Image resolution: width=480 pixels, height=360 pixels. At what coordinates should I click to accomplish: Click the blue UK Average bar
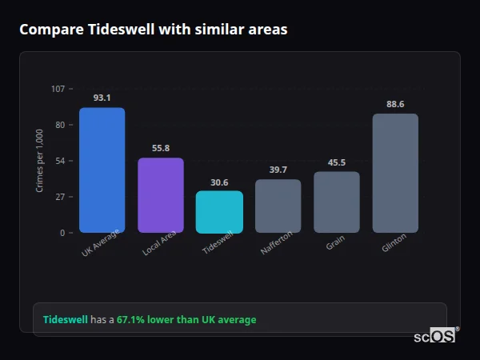(102, 170)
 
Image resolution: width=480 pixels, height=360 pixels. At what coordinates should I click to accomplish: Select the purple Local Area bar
(161, 195)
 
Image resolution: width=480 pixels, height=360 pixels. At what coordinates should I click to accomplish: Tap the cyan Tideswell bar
(219, 212)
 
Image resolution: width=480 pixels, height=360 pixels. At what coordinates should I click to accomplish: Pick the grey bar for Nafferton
(278, 206)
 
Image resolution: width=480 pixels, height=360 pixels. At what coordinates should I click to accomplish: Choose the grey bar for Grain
(337, 202)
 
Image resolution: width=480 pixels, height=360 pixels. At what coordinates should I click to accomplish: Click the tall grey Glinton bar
(395, 173)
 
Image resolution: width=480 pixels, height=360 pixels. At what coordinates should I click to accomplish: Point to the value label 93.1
(102, 98)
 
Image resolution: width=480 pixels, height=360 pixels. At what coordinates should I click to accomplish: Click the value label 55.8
(161, 148)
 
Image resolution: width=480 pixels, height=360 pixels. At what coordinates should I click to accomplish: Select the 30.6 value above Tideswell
(219, 182)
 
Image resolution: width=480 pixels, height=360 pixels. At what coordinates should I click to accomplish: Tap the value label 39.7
(278, 170)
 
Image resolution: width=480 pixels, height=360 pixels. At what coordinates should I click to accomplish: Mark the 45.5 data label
(337, 162)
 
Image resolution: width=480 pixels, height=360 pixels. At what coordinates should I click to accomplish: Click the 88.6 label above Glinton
(395, 104)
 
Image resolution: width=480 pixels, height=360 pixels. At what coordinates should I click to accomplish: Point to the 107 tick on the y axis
(58, 88)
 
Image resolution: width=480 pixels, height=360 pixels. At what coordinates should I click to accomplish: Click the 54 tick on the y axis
(60, 161)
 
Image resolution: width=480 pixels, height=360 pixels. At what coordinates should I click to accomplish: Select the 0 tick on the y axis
(62, 233)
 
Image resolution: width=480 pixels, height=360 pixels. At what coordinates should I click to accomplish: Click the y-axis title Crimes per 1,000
(40, 160)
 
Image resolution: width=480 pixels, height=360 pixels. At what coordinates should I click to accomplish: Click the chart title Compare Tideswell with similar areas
(153, 30)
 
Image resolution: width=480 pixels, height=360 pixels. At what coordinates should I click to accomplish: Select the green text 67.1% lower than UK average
(186, 320)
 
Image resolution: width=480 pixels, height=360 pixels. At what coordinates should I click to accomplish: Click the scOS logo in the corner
(435, 336)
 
